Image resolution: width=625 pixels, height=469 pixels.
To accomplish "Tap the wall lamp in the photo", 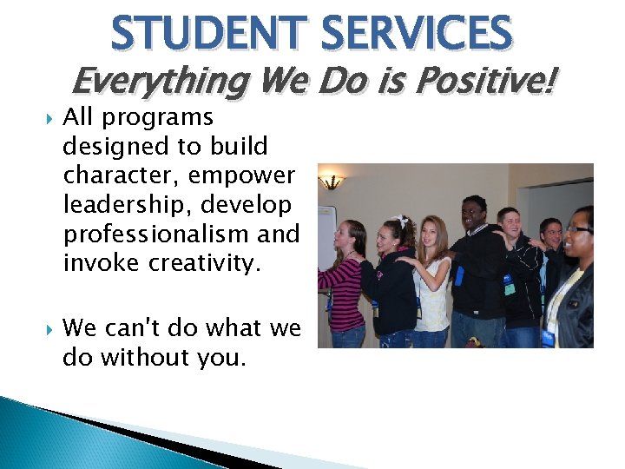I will coord(331,181).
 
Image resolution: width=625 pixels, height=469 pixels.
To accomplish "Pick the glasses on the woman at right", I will coord(579,229).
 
